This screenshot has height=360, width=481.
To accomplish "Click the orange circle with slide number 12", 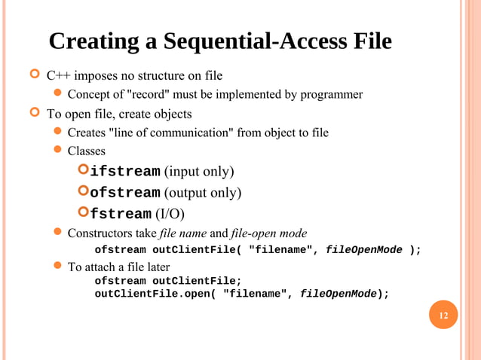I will [x=443, y=315].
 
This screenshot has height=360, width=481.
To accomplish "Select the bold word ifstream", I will [x=124, y=172].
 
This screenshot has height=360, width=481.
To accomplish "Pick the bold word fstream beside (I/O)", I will [x=121, y=215].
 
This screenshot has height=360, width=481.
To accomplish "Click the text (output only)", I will [x=203, y=193].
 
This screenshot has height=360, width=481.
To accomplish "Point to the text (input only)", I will [x=199, y=172].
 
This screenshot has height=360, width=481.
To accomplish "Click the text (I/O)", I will [x=170, y=215].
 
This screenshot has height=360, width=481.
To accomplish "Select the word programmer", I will [x=331, y=95].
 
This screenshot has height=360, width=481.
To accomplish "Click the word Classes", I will [x=86, y=151].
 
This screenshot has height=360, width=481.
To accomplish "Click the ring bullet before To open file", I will [x=34, y=114].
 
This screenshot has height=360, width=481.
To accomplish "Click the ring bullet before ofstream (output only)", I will [x=84, y=192].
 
